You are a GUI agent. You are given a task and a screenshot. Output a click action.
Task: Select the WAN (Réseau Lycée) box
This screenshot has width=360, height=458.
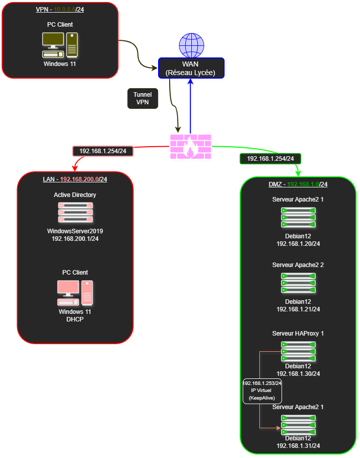[x=191, y=69]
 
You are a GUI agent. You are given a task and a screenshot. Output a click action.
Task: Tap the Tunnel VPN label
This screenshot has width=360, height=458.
[x=142, y=98]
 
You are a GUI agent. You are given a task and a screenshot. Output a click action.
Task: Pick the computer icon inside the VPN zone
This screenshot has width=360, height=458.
[x=60, y=45]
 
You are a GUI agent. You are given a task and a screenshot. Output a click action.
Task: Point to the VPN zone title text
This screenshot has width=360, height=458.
[x=60, y=10]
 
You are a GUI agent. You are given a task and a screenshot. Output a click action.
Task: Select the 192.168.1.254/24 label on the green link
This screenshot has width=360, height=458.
[x=270, y=158]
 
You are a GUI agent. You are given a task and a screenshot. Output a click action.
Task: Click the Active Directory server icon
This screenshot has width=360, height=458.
[x=76, y=213]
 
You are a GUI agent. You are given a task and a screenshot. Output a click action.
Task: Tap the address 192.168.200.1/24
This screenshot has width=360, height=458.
[x=75, y=238]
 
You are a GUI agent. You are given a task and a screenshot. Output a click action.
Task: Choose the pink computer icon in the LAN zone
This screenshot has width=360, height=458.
[x=75, y=293]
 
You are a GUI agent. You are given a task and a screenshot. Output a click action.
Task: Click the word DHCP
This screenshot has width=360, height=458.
[x=75, y=319]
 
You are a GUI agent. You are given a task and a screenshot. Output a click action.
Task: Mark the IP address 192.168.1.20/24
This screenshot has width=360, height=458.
[x=299, y=243]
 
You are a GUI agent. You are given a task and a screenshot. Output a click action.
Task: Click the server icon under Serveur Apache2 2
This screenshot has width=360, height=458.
[x=298, y=283]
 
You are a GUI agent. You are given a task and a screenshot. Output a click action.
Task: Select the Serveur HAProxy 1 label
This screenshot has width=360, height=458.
[x=298, y=333]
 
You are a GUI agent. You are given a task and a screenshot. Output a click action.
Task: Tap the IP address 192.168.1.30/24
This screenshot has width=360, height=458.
[x=299, y=373]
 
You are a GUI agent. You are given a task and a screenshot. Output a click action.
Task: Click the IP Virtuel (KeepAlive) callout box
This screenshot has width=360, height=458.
[x=262, y=390]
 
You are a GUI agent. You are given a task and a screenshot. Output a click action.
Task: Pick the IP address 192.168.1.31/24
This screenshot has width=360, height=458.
[x=299, y=445]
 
